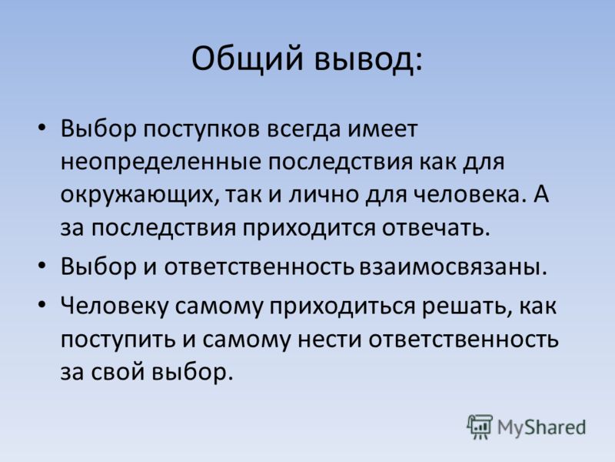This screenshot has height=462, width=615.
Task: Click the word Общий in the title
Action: (x=248, y=59)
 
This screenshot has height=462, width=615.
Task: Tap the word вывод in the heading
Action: (x=369, y=59)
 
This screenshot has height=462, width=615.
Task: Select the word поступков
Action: (x=201, y=129)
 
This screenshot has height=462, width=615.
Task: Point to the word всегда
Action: (x=304, y=130)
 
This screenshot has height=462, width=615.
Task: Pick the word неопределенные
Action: (x=161, y=162)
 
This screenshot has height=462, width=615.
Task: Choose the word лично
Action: (x=324, y=195)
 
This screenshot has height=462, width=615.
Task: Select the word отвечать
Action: (x=436, y=228)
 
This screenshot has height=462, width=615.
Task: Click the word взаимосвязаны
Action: (x=453, y=267)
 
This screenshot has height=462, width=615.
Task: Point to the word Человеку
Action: (x=114, y=306)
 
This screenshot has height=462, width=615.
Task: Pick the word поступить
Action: (x=118, y=340)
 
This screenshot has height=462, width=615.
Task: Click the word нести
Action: (x=330, y=340)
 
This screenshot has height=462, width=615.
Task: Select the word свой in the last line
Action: (x=118, y=372)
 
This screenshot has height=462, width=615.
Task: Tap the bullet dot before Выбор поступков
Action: (x=42, y=128)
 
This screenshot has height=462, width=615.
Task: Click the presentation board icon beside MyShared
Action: (x=479, y=427)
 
